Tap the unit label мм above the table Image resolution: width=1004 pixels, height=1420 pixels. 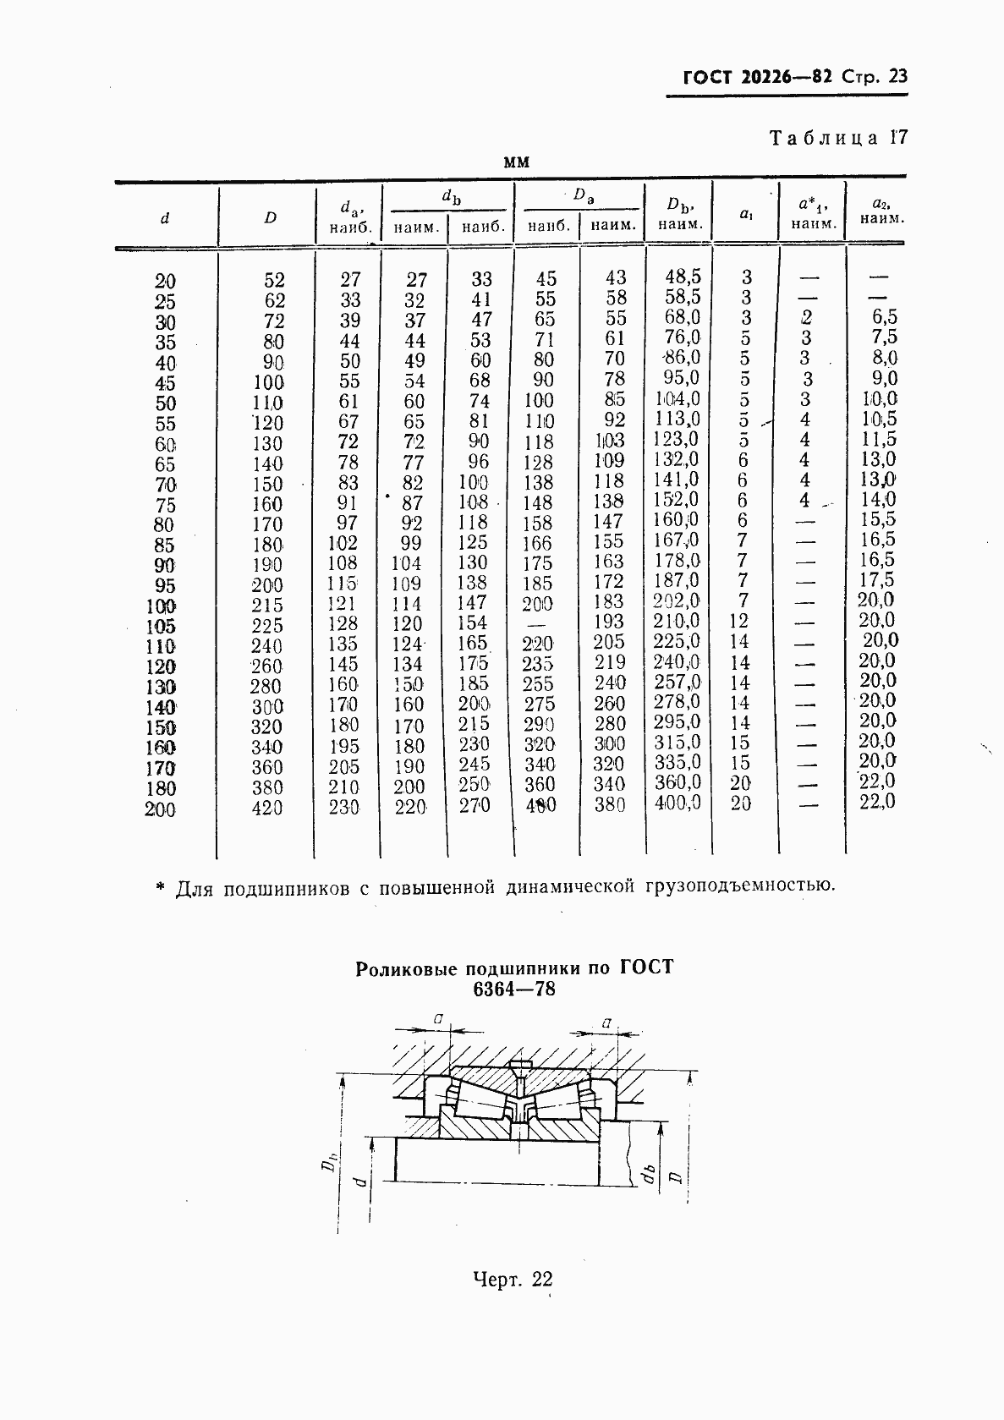pyautogui.click(x=516, y=162)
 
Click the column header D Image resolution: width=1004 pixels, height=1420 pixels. pyautogui.click(x=270, y=217)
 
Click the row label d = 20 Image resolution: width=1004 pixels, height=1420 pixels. pyautogui.click(x=165, y=281)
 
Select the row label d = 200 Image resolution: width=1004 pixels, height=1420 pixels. pyautogui.click(x=160, y=809)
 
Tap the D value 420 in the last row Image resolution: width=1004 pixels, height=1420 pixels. pyautogui.click(x=267, y=808)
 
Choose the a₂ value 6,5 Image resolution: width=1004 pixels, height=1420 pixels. pyautogui.click(x=884, y=317)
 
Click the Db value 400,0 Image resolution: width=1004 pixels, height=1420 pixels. pyautogui.click(x=678, y=803)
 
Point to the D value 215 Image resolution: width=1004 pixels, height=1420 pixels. pyautogui.click(x=267, y=606)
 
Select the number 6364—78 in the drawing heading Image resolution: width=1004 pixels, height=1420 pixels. pyautogui.click(x=514, y=989)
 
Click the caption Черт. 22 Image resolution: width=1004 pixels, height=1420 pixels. pyautogui.click(x=513, y=1280)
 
